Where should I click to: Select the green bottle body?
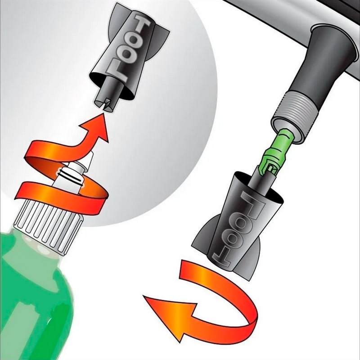coord(35,298)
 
